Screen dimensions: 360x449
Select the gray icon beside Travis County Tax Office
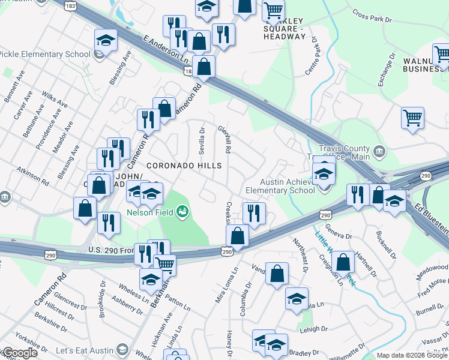pos(379,150)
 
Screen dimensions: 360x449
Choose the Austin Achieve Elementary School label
pos(287,186)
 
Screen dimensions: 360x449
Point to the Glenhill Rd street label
pos(228,137)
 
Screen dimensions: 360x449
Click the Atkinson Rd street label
pos(32,175)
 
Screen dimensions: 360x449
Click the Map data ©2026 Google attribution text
pos(412,355)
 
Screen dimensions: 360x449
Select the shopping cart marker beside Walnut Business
pos(442,54)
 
